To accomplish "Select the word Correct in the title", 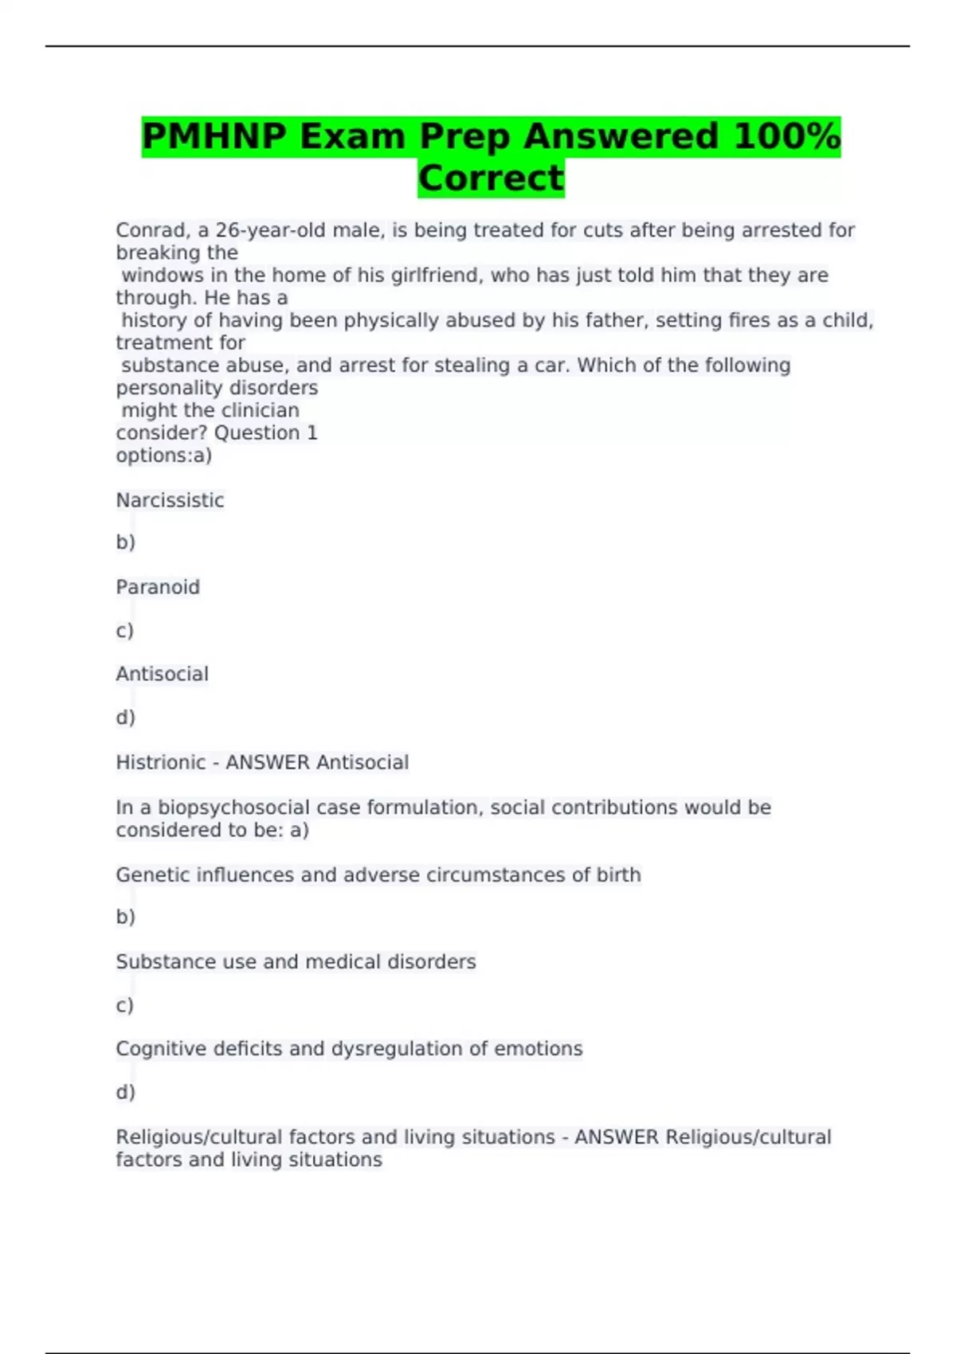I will point(491,178).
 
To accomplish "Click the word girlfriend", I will point(435,276).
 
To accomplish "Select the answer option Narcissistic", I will point(170,500).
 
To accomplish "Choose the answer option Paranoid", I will point(158,587).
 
